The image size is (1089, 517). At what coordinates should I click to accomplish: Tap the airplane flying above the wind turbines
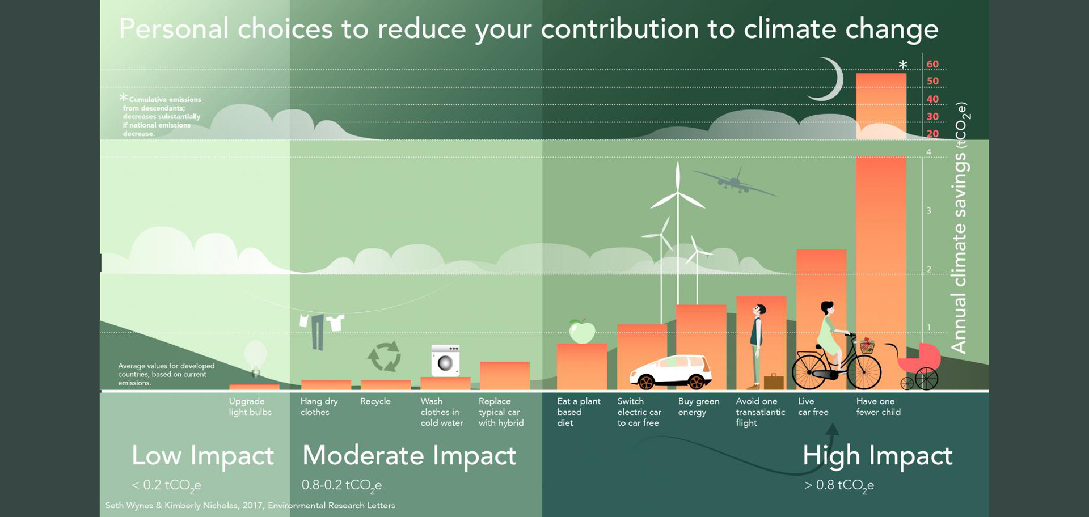click(735, 181)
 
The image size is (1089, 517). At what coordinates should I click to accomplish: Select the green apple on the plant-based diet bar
click(582, 331)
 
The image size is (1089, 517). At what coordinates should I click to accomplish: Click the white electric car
click(671, 372)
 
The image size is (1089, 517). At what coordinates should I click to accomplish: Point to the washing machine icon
click(445, 361)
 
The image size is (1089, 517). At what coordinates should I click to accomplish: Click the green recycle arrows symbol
click(385, 356)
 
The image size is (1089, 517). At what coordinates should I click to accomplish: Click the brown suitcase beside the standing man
click(774, 382)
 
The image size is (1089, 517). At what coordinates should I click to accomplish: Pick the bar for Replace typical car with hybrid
click(505, 376)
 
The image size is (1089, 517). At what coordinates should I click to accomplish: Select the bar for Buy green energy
click(701, 347)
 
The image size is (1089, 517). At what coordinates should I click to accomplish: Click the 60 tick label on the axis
click(932, 64)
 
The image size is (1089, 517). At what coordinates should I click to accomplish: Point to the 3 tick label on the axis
click(929, 210)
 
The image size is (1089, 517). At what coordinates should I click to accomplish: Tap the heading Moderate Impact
click(409, 455)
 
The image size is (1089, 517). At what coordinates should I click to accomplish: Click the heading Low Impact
click(202, 455)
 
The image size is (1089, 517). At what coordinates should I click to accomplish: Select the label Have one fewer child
click(879, 406)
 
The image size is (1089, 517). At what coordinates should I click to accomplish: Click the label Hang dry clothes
click(319, 406)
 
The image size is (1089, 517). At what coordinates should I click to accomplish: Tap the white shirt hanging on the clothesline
click(335, 322)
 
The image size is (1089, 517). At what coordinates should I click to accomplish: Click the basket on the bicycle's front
click(867, 345)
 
